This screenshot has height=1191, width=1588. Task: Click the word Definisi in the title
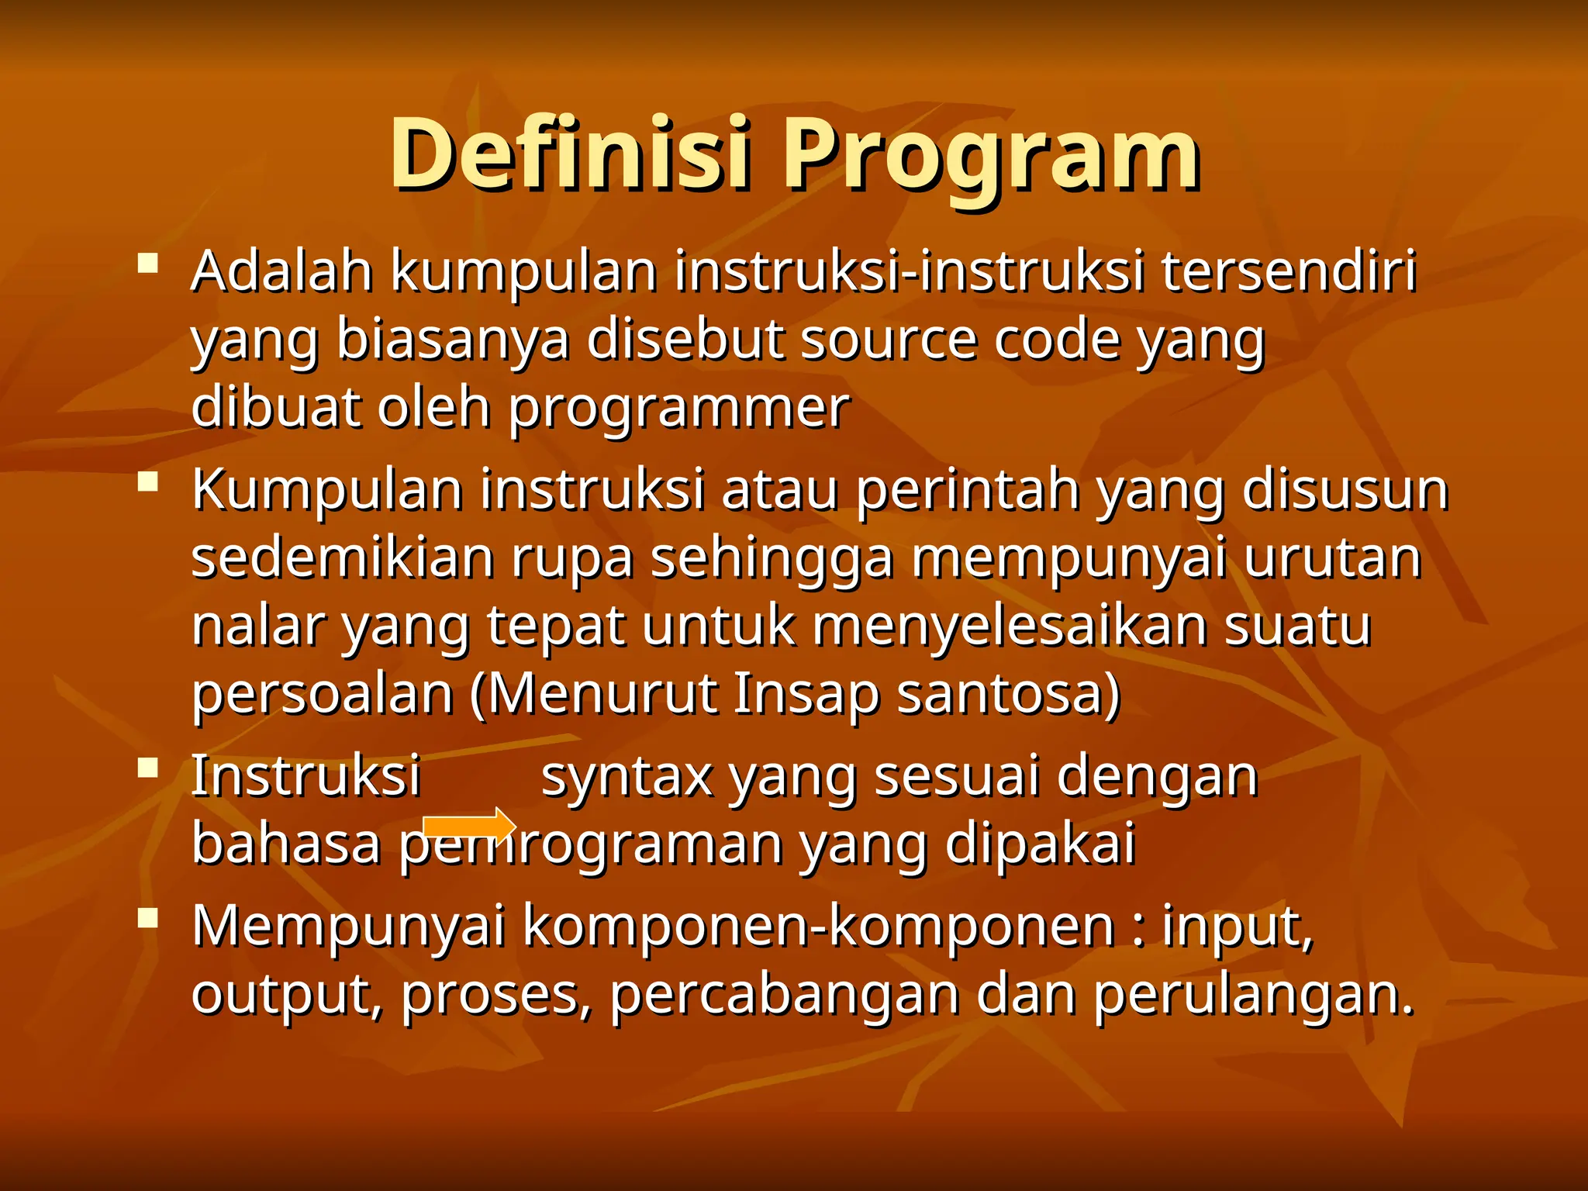coord(570,154)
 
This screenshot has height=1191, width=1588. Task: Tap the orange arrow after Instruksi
coord(468,827)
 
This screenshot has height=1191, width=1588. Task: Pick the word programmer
coord(679,408)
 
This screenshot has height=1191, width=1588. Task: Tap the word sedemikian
coord(342,558)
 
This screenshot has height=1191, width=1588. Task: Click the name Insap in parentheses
coord(805,694)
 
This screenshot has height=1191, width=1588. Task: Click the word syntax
coord(627,776)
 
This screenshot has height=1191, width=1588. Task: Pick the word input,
coord(1238,927)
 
